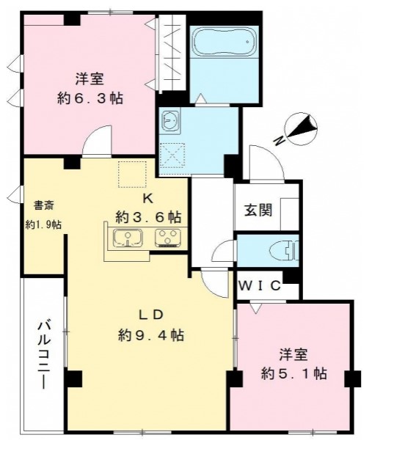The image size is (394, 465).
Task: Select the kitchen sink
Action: coord(128,238)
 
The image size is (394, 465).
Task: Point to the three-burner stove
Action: coord(168,238)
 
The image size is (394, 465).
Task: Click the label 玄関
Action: coord(258,210)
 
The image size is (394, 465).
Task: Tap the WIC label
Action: coord(260,285)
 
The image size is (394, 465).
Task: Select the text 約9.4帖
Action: coord(151,335)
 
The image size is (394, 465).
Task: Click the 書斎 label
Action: coord(43,205)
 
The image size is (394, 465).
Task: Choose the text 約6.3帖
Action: coord(90,98)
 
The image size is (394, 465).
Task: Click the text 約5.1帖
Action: coord(293,373)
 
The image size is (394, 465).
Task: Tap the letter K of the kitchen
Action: coord(148,199)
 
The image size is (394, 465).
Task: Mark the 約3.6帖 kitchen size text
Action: coord(148,217)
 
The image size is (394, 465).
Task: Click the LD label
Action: coord(151,315)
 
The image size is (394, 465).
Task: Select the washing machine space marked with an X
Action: coord(172,155)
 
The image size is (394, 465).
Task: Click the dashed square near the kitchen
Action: coord(132,175)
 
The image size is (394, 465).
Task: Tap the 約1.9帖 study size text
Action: coord(43,224)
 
